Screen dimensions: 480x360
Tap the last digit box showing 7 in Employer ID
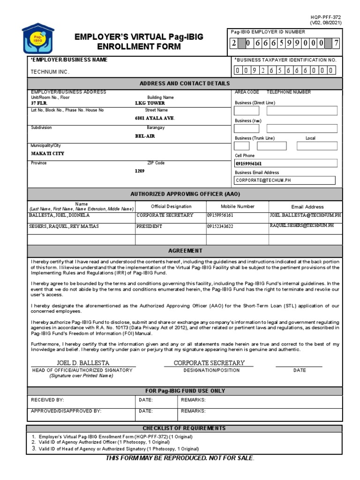[335, 44]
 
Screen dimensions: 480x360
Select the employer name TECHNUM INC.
[50, 72]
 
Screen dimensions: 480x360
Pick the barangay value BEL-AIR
[145, 136]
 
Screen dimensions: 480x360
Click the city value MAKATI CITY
[48, 153]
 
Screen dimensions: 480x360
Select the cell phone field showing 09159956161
[285, 164]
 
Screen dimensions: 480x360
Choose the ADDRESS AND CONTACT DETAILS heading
[185, 83]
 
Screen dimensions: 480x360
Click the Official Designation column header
[171, 206]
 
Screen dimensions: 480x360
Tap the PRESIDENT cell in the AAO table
[150, 226]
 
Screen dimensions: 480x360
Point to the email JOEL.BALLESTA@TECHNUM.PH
[302, 215]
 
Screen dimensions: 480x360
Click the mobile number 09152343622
[220, 226]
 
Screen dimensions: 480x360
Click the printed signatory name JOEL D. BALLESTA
[83, 363]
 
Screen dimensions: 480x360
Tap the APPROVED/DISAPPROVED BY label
[66, 411]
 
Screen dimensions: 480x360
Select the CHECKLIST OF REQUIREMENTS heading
[184, 428]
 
